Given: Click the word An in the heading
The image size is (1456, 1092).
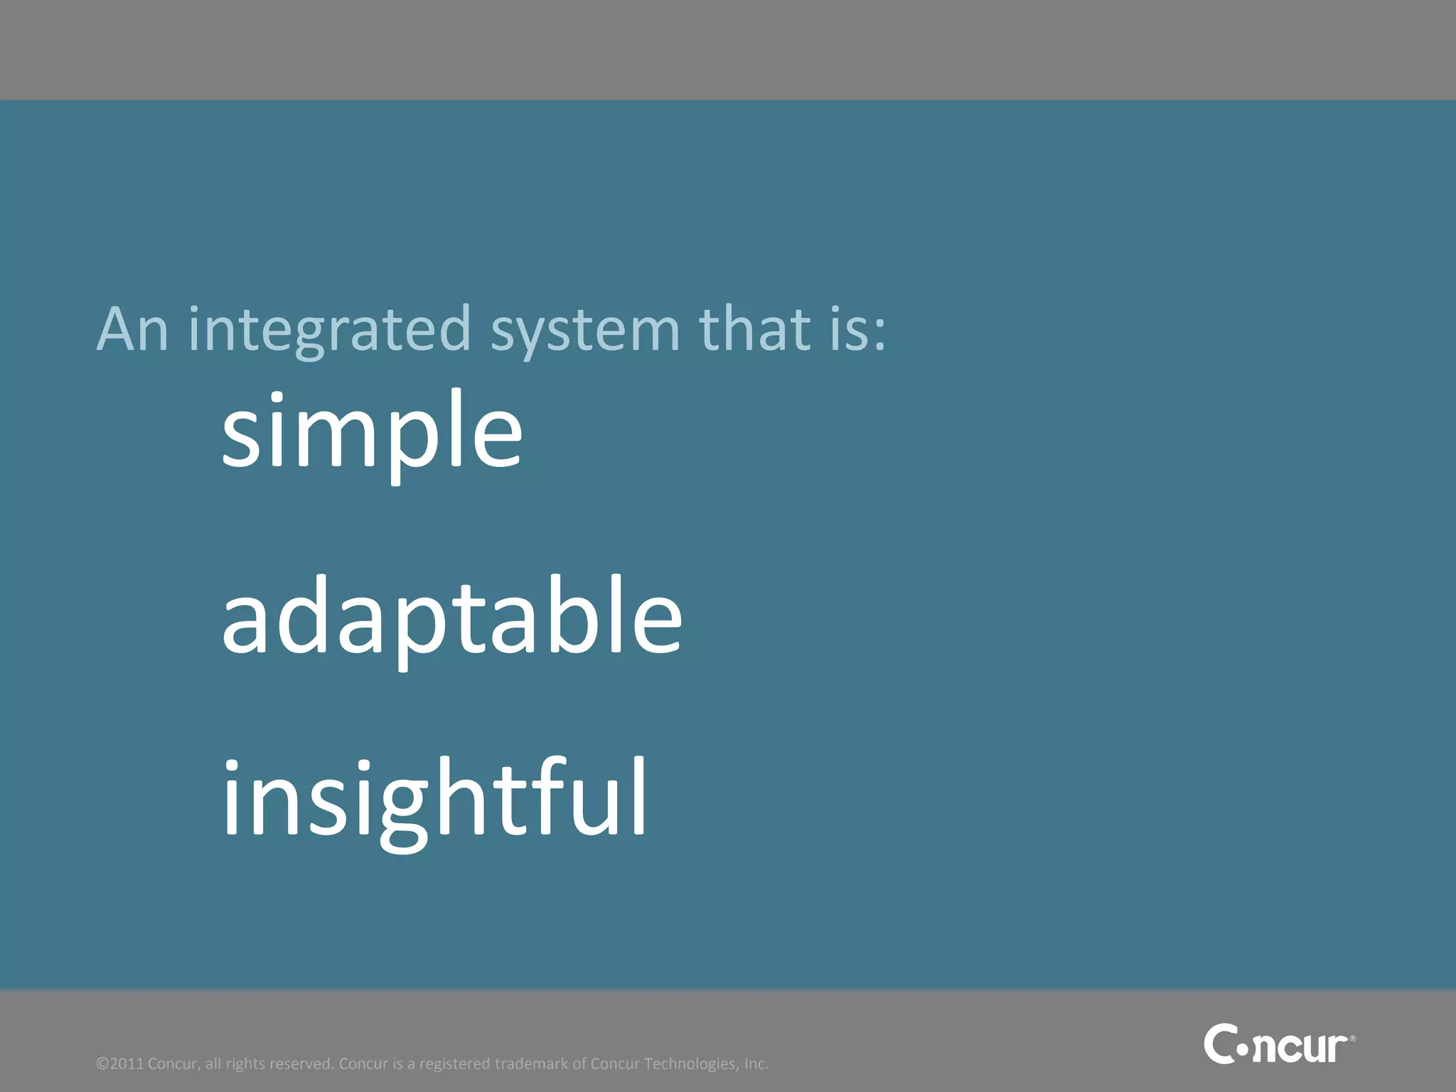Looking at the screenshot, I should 132,329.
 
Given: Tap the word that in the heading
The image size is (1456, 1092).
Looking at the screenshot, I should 754,329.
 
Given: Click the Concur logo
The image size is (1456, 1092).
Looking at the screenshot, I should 1278,1044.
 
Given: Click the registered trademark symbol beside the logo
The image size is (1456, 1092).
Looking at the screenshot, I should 1352,1039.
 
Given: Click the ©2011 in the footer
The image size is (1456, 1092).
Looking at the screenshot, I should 120,1064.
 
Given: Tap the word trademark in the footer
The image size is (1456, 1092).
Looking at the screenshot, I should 531,1064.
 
